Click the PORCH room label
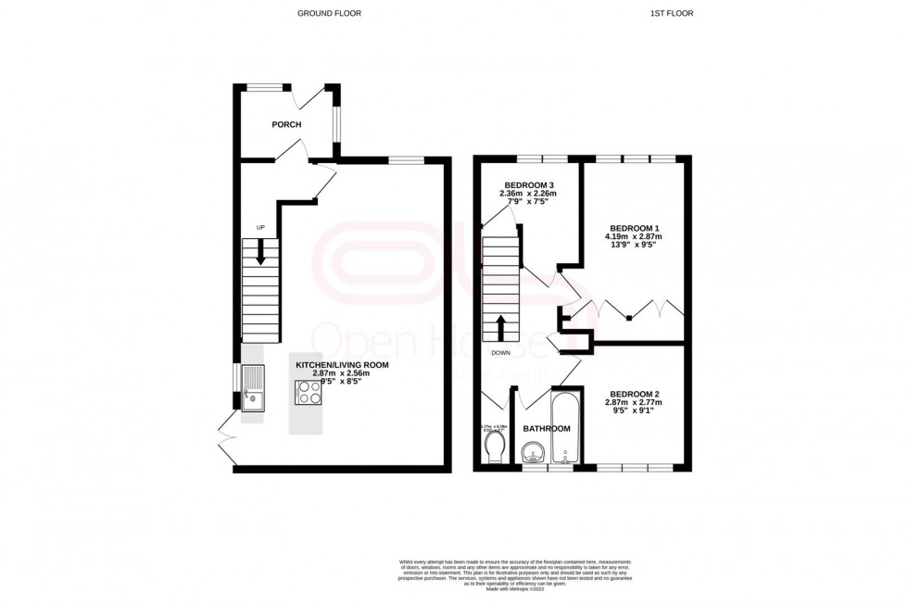pos(285,124)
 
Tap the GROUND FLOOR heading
pos(329,13)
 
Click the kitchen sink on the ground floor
pos(253,388)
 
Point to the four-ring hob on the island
pos(308,395)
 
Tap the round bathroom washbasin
pos(533,454)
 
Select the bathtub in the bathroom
pos(564,429)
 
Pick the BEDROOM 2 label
pos(633,395)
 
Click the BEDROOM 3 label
pos(528,184)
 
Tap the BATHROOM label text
pos(547,429)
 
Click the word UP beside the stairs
pos(260,227)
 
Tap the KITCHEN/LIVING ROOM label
pos(342,365)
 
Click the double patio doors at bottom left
pos(225,440)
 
